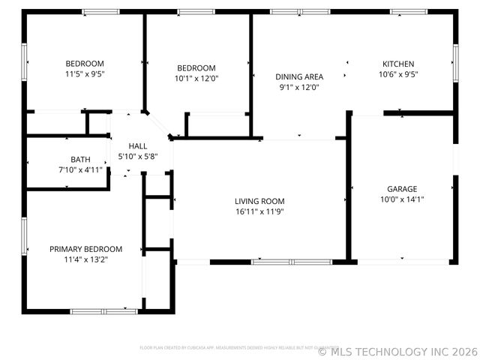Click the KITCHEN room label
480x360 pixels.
tap(397, 64)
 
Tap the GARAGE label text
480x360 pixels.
tap(402, 189)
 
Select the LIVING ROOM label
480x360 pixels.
tap(259, 201)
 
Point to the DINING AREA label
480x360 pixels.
tap(299, 76)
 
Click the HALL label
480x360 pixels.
tap(138, 146)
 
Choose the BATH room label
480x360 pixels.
tap(80, 159)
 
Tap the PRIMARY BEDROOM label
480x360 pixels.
tap(85, 249)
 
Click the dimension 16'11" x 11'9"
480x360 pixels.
tap(259, 211)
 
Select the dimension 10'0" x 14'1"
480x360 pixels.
tap(402, 199)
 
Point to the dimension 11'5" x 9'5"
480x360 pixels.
tap(85, 74)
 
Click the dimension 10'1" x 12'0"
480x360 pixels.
tap(196, 78)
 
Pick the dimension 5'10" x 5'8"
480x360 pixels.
tap(138, 156)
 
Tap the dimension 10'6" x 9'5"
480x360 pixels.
tap(397, 74)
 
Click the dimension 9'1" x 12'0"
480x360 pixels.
tap(299, 86)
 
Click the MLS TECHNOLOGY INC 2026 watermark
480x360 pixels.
tap(398, 350)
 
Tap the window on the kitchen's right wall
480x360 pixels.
tap(455, 64)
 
